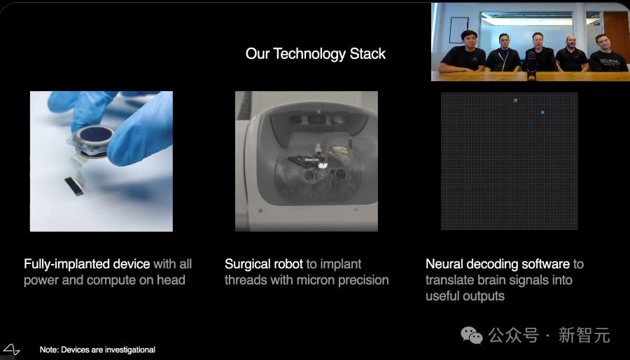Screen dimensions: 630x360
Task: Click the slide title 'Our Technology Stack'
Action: point(316,54)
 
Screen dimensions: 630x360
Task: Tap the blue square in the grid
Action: point(542,113)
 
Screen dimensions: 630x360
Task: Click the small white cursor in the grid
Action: point(515,100)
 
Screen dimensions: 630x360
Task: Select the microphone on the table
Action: point(531,66)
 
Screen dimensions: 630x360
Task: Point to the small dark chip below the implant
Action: point(74,186)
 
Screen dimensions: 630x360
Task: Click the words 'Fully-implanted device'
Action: point(87,264)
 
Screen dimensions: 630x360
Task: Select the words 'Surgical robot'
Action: point(264,264)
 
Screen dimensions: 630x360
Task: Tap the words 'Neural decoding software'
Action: point(498,264)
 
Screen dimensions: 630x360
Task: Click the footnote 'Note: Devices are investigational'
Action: point(97,350)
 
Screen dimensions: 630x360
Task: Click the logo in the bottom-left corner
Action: point(10,349)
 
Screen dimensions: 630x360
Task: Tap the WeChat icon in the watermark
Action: point(471,335)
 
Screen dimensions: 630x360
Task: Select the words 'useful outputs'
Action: point(465,296)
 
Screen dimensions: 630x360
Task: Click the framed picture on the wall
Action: point(458,29)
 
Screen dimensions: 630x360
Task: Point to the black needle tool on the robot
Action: point(309,160)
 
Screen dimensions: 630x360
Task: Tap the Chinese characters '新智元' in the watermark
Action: point(584,335)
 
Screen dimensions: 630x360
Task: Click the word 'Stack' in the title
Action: point(367,54)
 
